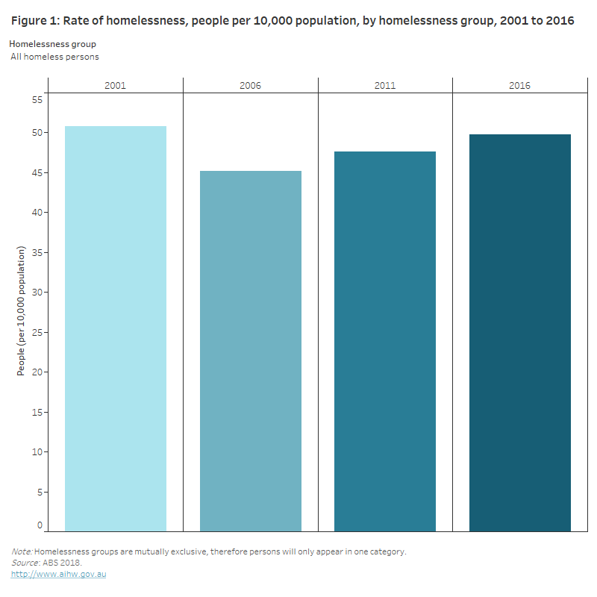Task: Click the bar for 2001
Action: pos(116,328)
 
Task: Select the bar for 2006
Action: pos(251,351)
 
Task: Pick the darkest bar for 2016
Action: pos(520,333)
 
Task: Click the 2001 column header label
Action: pos(116,86)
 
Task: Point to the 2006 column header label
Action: pos(251,86)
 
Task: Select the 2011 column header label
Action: pos(385,86)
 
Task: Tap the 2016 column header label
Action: pos(520,86)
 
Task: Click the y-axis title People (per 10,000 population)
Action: pos(22,310)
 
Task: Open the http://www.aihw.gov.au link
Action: pos(58,574)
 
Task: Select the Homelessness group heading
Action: pos(52,44)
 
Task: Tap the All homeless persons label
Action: pos(54,57)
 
